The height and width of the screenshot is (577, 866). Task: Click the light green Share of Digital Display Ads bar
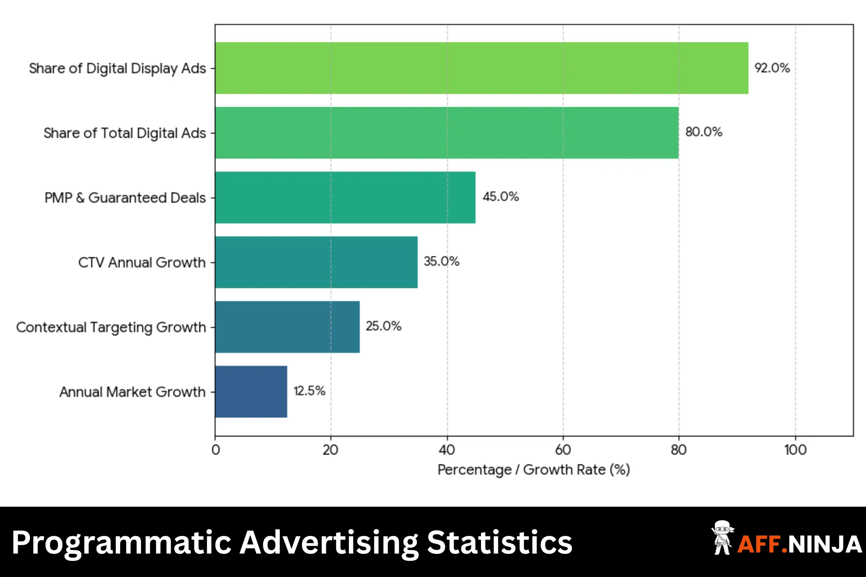pos(482,68)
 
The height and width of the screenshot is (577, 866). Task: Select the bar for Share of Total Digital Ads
pos(447,133)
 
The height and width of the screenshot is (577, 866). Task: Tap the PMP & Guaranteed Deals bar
pos(345,198)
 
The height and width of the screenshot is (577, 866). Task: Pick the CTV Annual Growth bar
pos(316,263)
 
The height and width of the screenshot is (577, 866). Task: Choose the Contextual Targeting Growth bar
pos(287,327)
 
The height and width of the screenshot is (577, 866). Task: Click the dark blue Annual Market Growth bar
pos(251,392)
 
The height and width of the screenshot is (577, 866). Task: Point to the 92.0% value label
pos(772,68)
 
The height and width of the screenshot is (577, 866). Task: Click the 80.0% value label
pos(704,132)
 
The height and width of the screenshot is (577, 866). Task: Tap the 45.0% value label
pos(501,197)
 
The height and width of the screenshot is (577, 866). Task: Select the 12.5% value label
pos(309,391)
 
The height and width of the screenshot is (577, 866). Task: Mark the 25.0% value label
pos(383,326)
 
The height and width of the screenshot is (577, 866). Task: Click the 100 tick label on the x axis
pos(795,450)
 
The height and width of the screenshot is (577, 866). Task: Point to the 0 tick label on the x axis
pos(216,450)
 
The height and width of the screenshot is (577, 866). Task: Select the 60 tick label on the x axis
pos(563,450)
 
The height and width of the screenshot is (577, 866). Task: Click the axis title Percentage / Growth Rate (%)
pos(534,470)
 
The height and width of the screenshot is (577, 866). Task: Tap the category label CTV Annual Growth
pos(142,263)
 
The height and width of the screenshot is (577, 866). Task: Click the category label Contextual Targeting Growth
pos(111,327)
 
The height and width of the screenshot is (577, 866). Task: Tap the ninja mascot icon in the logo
pos(722,538)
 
